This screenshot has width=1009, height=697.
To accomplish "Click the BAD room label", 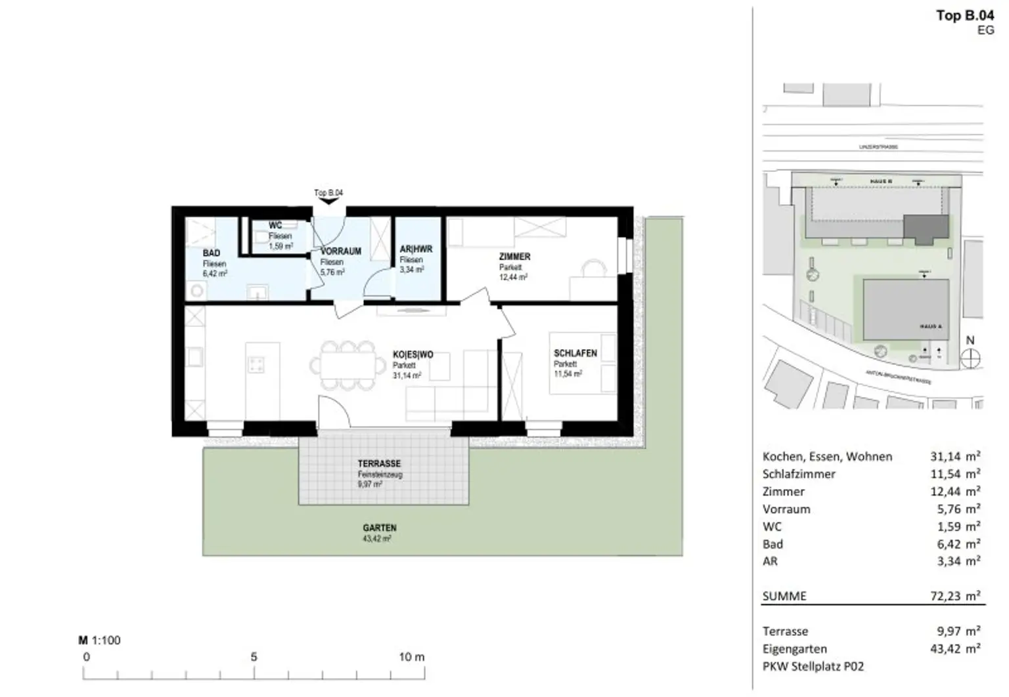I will pos(212,253).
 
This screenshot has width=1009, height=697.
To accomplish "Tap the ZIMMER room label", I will pos(514,257).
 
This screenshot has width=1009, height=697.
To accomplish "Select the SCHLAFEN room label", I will pos(575,353).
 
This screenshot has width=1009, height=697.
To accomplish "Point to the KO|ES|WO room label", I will pos(413,355).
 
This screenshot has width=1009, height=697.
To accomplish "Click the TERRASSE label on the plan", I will pos(379,463).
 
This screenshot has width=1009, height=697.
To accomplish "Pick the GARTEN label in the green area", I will pos(379,528).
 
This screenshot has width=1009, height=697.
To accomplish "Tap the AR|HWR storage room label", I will pos(416,249).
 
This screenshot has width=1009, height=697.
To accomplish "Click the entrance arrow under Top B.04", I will pos(328,201).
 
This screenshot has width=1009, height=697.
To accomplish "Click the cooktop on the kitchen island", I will pos(256,365).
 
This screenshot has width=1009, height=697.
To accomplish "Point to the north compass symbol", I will pos(970,358).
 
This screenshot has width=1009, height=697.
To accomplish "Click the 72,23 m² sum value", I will pos(951,596).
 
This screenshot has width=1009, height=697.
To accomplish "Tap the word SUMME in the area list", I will pos(784,596).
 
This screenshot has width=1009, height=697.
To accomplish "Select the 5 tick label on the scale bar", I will pos(254,657).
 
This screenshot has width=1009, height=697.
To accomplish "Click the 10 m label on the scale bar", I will pos(411,657).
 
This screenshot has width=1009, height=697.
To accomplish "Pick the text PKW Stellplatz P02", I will pos(813,666).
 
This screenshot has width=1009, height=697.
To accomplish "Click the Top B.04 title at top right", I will pos(964,16).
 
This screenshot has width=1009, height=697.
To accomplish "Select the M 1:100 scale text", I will pos(100,641).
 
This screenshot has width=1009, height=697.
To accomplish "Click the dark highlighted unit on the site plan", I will pos(926,228).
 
